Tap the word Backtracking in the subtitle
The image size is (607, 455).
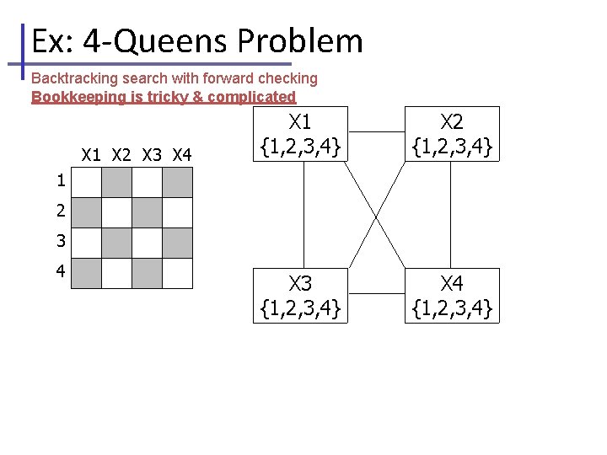tap(75, 78)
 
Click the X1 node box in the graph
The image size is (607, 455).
tap(301, 134)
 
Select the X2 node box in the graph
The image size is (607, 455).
tap(452, 134)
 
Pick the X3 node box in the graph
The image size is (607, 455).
tap(301, 295)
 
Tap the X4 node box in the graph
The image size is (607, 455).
tap(452, 295)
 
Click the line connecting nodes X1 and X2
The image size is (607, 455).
tap(376, 132)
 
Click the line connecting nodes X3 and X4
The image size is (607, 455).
tap(376, 293)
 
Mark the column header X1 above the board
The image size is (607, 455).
tap(92, 155)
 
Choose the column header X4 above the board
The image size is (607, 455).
tap(182, 155)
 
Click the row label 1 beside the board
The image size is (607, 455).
tap(61, 180)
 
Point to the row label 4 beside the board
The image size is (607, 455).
tap(61, 271)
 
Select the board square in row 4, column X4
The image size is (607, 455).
tap(177, 273)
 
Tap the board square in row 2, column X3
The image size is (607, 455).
tap(147, 212)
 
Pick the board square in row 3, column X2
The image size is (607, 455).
tap(116, 243)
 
